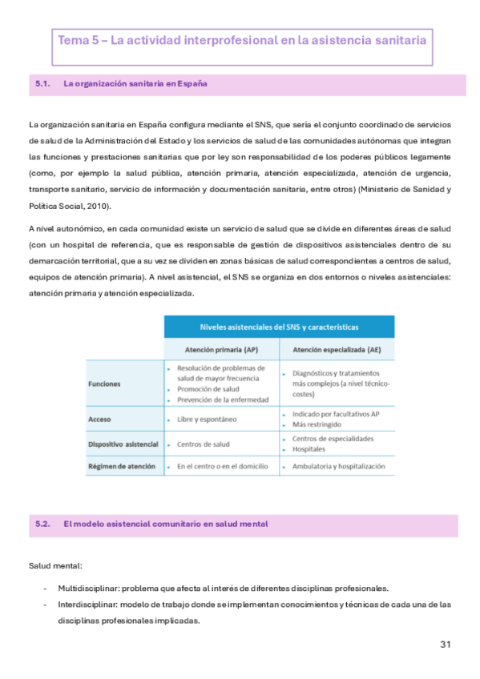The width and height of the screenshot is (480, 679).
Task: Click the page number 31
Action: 446,645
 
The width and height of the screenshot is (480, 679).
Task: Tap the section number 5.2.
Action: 43,524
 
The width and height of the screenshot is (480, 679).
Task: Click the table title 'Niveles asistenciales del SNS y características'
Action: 278,327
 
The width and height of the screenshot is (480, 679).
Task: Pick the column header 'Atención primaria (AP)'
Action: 221,350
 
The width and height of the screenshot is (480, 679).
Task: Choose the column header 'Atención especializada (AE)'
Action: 337,350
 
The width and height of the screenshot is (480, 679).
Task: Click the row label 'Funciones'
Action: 104,384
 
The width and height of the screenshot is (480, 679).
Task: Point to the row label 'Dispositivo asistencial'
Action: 123,444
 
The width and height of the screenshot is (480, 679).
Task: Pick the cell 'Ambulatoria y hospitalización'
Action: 338,466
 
